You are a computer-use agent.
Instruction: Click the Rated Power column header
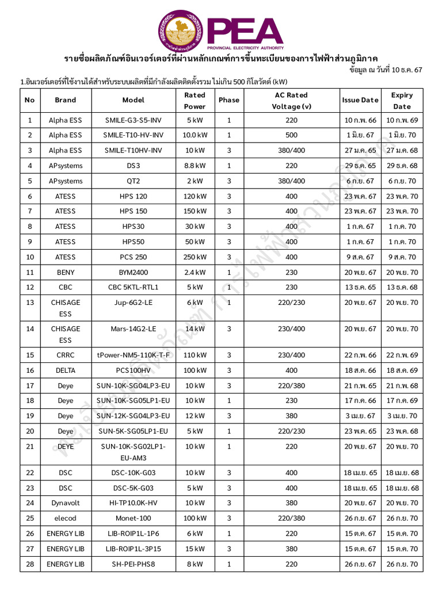195,101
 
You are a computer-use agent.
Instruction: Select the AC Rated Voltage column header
291,101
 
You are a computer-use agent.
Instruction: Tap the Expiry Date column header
402,101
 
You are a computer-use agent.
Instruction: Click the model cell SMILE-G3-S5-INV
134,120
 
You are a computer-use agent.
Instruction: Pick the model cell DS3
134,166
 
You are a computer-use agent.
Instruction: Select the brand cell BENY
66,272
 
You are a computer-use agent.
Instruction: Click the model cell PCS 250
134,257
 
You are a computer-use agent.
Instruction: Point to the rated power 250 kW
195,257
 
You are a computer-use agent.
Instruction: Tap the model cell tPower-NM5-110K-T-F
134,355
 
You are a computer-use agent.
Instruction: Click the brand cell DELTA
66,370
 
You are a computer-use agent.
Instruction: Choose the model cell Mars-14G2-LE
134,329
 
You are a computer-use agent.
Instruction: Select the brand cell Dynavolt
66,503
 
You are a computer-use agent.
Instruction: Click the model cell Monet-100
134,518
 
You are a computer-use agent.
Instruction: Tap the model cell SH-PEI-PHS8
134,564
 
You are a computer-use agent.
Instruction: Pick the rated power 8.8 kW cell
195,166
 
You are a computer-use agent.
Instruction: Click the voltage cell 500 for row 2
291,135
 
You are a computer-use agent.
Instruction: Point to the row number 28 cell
30,564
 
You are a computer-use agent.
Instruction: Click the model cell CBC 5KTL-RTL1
134,287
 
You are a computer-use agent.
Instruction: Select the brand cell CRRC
66,355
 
